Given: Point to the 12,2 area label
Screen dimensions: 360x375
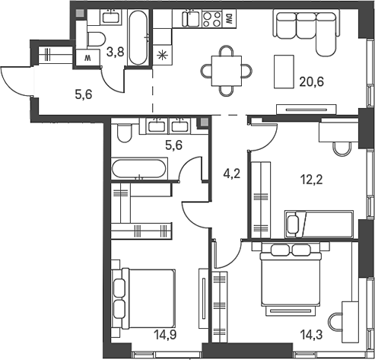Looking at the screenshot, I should coord(310,181).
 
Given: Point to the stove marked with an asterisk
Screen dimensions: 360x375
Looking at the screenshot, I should coord(161,55).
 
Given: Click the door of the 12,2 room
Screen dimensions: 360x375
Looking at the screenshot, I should coord(262,137).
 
